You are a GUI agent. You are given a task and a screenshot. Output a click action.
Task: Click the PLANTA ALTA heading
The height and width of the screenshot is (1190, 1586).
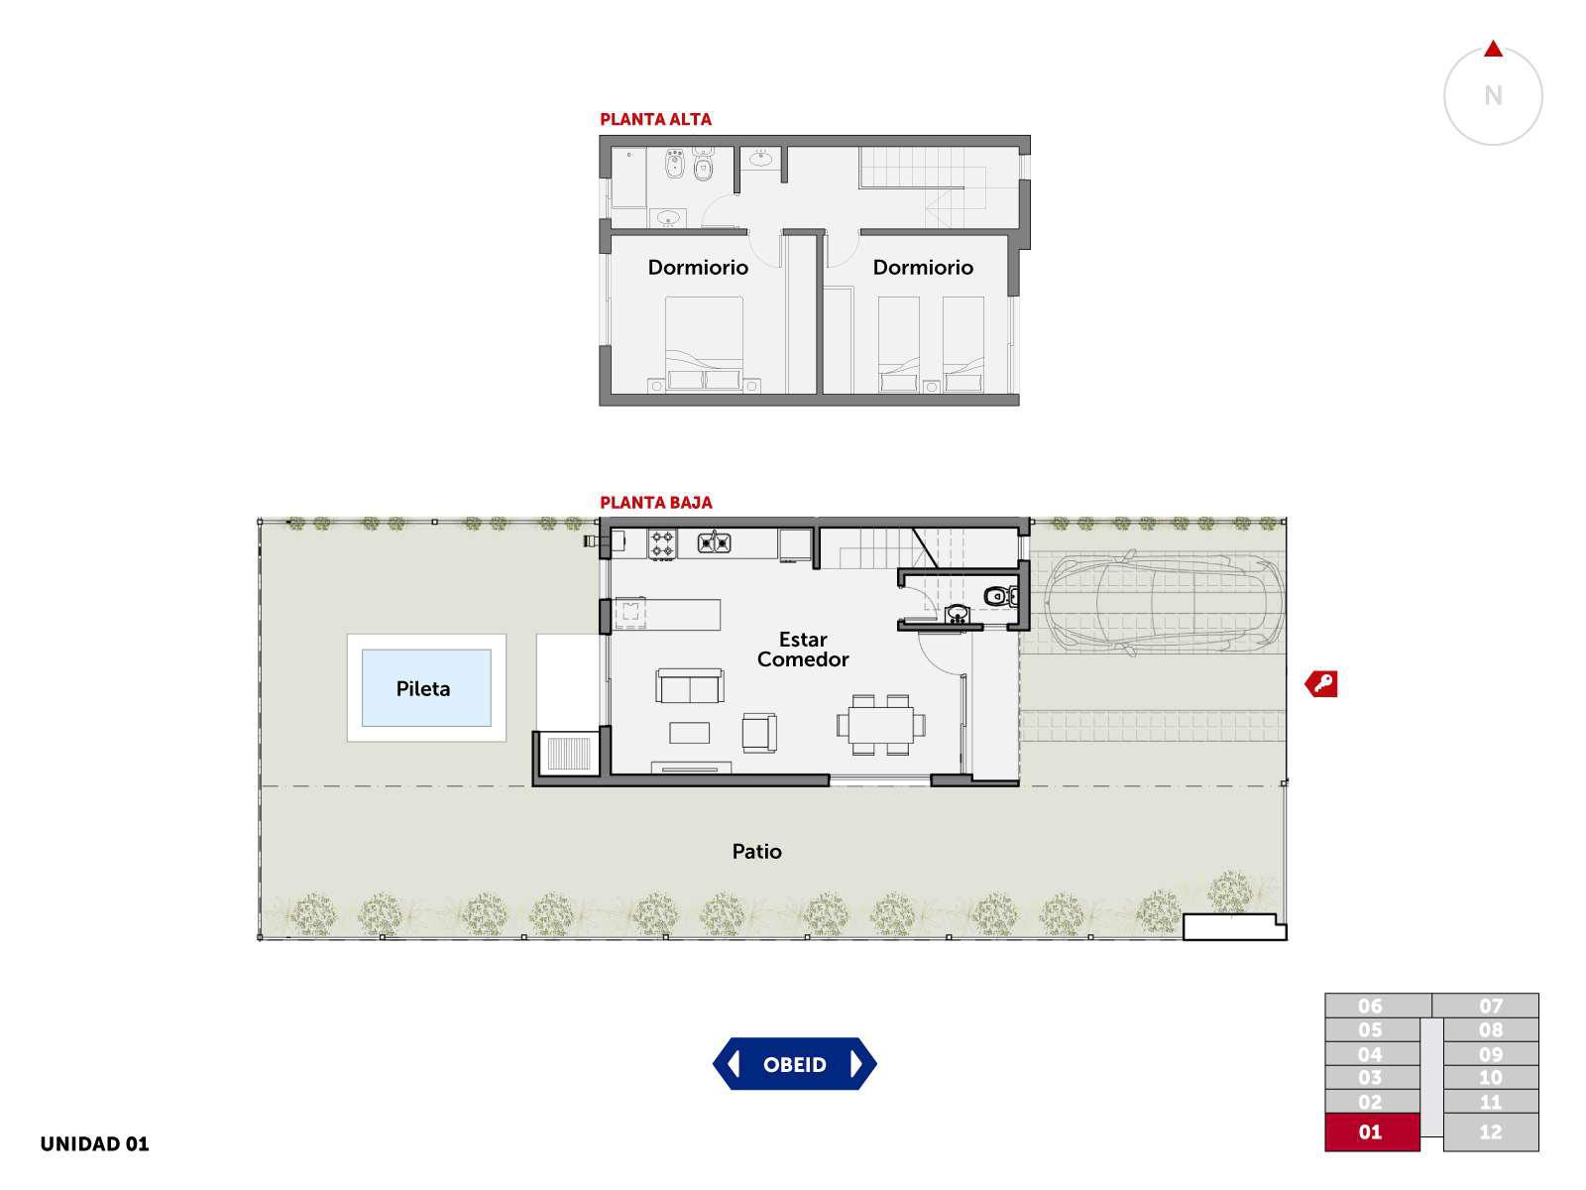(x=655, y=119)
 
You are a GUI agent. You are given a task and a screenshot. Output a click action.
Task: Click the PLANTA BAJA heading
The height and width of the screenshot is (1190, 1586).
(x=656, y=502)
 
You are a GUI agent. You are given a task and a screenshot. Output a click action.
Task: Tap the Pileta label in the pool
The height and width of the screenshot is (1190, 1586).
(x=422, y=688)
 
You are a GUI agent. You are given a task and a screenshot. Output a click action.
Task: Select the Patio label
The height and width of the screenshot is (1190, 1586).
(x=756, y=851)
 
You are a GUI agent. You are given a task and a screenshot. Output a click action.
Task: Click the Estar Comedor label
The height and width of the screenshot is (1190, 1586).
(x=803, y=650)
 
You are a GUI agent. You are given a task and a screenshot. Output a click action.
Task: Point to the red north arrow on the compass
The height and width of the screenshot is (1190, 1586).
(x=1493, y=50)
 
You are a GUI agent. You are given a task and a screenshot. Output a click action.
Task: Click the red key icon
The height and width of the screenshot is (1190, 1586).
(x=1320, y=683)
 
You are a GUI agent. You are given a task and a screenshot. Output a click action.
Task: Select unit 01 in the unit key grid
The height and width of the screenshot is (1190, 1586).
(x=1372, y=1131)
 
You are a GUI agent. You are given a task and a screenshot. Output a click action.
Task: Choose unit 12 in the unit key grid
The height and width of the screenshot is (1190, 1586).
(x=1491, y=1131)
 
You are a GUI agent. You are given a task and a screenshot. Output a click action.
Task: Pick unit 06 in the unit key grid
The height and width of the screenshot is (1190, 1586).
(x=1377, y=1005)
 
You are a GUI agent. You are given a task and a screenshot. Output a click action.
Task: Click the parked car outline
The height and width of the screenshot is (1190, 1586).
(x=1164, y=603)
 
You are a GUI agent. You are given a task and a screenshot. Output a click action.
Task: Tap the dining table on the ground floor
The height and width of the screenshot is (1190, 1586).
(x=881, y=725)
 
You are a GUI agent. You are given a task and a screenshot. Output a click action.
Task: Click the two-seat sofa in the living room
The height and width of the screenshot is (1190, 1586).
(x=689, y=685)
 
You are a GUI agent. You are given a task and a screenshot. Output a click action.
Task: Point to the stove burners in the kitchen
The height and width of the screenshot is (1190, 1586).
(x=662, y=544)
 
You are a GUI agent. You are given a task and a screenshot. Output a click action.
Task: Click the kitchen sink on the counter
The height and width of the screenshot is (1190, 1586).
(x=714, y=541)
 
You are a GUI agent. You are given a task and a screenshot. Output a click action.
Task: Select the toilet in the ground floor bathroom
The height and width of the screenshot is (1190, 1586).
(x=1001, y=596)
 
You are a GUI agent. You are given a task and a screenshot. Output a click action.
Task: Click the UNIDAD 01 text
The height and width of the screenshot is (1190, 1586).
(x=94, y=1143)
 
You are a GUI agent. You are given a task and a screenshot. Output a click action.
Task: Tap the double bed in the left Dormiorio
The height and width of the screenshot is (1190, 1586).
(x=704, y=344)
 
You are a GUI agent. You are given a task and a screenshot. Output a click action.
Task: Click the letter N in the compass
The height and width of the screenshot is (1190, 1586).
(x=1493, y=95)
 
